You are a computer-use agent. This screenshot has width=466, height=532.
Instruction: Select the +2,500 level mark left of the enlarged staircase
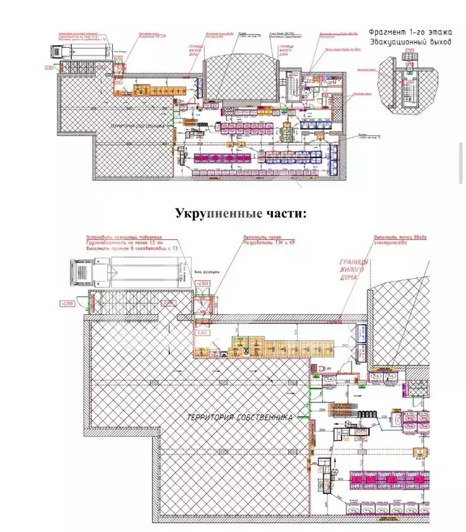click(69, 304)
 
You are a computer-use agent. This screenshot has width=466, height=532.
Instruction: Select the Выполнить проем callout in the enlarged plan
click(258, 237)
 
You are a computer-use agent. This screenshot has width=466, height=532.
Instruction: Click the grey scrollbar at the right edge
click(461, 163)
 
